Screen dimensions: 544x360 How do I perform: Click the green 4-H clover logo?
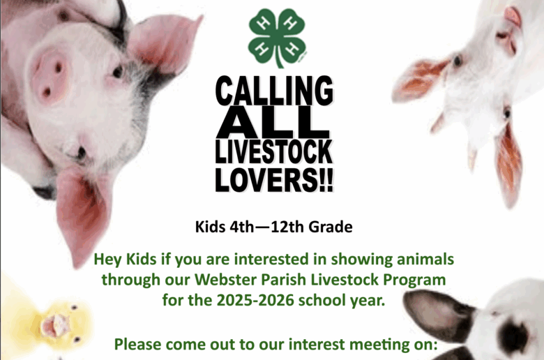tap(277, 37)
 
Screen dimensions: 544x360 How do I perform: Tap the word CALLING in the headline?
tap(274, 91)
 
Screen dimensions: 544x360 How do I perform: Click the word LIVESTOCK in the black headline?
tap(274, 151)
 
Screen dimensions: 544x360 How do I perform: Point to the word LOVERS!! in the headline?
tap(274, 179)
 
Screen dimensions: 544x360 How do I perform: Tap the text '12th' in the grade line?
tap(287, 227)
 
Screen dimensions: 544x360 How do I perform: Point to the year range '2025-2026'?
tap(255, 300)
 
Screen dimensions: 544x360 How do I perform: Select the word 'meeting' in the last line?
tap(381, 345)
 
